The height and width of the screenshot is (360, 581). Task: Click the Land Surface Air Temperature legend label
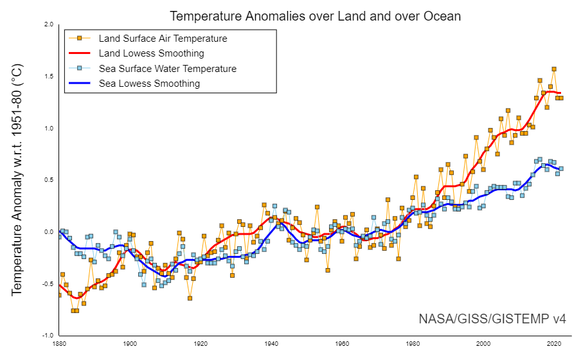click(163, 39)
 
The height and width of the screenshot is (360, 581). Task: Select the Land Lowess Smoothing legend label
click(151, 53)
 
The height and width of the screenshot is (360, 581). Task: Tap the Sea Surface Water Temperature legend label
click(167, 69)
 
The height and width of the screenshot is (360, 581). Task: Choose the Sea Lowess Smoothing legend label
click(149, 84)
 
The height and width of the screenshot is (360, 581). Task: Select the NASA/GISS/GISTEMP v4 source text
click(492, 319)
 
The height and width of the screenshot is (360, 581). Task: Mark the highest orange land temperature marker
click(554, 69)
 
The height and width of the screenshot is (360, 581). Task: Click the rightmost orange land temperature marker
click(561, 98)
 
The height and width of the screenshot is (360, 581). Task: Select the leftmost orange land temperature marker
click(59, 295)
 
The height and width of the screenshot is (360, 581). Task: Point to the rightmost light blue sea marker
click(561, 168)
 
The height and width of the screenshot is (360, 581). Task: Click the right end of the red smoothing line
click(561, 93)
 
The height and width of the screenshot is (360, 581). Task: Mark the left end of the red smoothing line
click(59, 285)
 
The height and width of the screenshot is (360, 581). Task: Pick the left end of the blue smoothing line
click(59, 231)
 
